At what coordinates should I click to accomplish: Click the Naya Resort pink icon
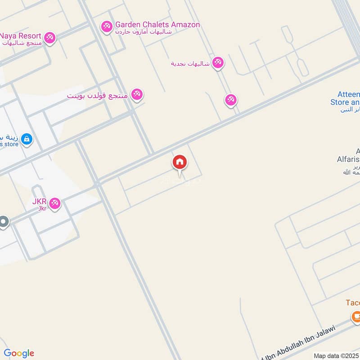point(50,38)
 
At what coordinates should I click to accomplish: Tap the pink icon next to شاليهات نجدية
point(218,63)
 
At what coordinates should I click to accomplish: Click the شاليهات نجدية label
point(190,63)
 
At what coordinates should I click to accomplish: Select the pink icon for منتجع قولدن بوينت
point(137,94)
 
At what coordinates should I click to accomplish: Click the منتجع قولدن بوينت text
point(98,96)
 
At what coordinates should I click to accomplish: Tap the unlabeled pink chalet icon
point(231,100)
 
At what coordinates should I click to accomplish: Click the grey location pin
point(4,222)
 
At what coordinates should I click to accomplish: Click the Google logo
point(19,353)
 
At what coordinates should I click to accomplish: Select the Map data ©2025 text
point(336,355)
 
